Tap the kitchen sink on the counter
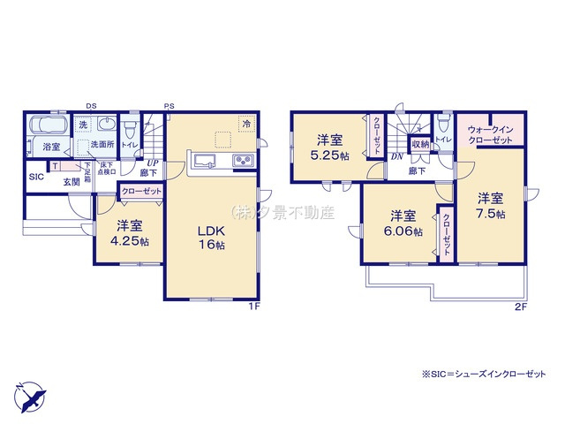point(204,160)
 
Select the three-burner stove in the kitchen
point(242,160)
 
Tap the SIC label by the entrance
point(36,177)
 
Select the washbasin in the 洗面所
point(106,125)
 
